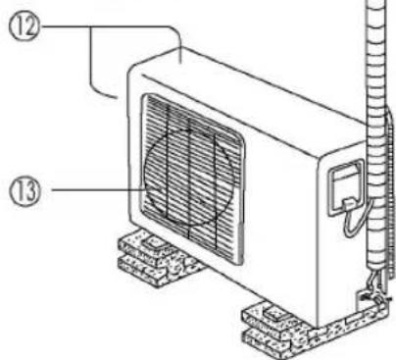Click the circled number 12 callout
(24, 26)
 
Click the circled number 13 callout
(25, 190)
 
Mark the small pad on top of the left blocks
(156, 242)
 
